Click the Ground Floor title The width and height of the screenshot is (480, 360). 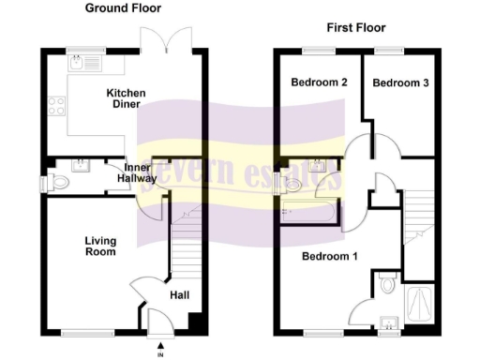click(123, 8)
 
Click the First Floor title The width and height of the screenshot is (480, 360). click(355, 28)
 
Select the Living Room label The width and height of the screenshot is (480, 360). click(98, 246)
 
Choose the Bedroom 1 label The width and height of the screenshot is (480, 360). click(330, 256)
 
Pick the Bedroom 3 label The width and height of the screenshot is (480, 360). click(401, 83)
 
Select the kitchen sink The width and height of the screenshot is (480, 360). click(75, 65)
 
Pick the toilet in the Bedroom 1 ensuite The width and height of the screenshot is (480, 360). click(385, 284)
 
